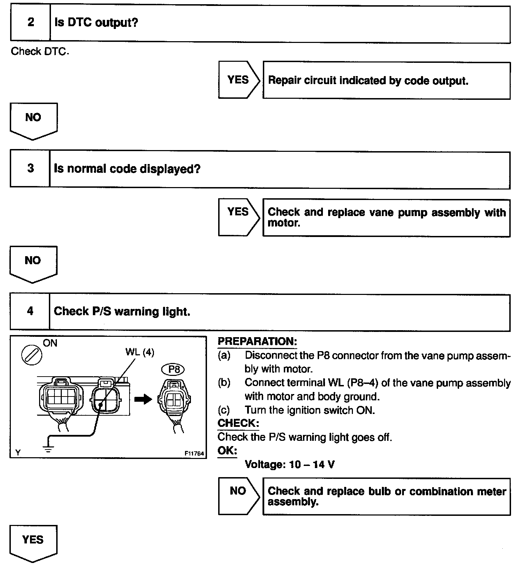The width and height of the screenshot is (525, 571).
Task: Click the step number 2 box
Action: [x=30, y=23]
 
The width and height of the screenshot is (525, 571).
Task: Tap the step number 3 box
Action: [x=30, y=169]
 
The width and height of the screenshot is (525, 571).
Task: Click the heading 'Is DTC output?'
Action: [x=96, y=23]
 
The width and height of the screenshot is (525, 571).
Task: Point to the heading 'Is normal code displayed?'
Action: [x=127, y=169]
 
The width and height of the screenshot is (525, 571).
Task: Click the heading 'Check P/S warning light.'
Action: [x=122, y=311]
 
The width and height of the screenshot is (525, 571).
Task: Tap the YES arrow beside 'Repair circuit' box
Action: [x=239, y=80]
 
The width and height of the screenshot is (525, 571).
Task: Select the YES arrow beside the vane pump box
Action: [x=239, y=217]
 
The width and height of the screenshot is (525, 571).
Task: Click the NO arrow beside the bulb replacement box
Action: [x=239, y=496]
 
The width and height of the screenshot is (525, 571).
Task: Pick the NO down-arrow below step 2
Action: [x=33, y=121]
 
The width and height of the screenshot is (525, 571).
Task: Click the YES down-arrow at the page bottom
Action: [x=33, y=543]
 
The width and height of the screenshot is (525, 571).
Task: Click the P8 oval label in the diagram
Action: [x=173, y=369]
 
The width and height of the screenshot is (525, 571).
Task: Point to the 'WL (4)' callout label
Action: [x=140, y=352]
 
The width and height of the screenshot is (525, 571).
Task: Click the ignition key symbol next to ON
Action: [x=32, y=356]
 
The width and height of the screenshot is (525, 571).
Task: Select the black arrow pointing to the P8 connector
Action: [x=143, y=399]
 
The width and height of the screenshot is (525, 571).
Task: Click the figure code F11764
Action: [x=194, y=453]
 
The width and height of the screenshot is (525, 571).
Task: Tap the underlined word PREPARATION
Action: [x=257, y=341]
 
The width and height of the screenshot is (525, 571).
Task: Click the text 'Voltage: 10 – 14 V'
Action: [x=289, y=465]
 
